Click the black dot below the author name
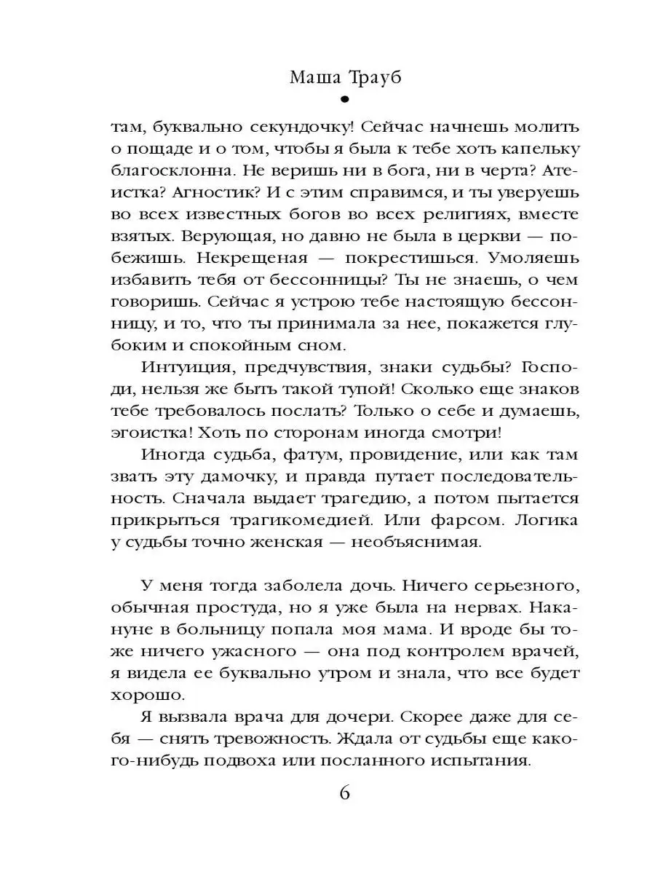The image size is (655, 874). (x=344, y=101)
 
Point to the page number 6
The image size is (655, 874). (x=345, y=792)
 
